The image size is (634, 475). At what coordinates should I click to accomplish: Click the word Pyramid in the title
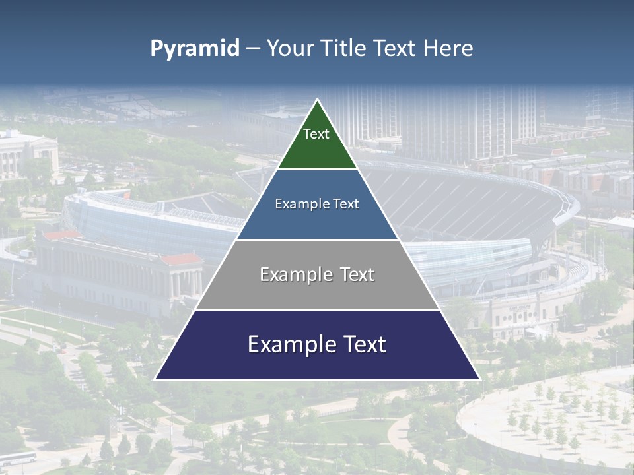[194, 49]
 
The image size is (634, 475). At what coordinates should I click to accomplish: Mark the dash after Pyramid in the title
[253, 49]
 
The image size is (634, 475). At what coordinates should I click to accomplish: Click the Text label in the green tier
[316, 135]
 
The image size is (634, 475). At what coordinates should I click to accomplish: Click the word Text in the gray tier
[355, 274]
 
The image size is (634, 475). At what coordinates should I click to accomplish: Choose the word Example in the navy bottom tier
[291, 344]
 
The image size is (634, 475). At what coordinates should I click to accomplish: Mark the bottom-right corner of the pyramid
[479, 379]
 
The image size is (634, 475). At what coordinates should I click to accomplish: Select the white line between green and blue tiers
[317, 170]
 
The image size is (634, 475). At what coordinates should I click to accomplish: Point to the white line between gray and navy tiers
[317, 309]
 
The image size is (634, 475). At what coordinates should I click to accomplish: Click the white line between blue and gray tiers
[317, 239]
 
